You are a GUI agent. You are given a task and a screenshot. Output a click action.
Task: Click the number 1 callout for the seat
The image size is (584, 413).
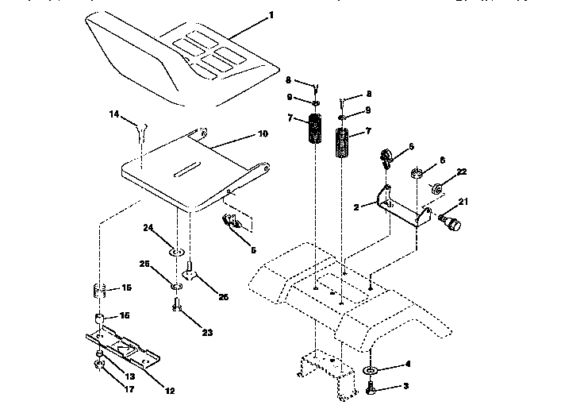coord(271,14)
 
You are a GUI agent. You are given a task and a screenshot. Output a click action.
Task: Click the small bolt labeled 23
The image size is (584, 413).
coord(175,305)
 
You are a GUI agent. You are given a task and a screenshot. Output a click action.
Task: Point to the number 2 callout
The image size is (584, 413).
coord(356,206)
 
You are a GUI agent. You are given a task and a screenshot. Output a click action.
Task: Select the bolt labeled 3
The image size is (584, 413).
coord(373,388)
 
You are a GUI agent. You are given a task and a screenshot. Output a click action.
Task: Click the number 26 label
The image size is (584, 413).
coord(225,298)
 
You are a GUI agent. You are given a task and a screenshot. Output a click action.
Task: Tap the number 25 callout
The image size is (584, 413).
coord(145,264)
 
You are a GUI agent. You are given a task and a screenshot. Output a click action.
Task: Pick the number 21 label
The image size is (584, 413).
coord(463,203)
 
